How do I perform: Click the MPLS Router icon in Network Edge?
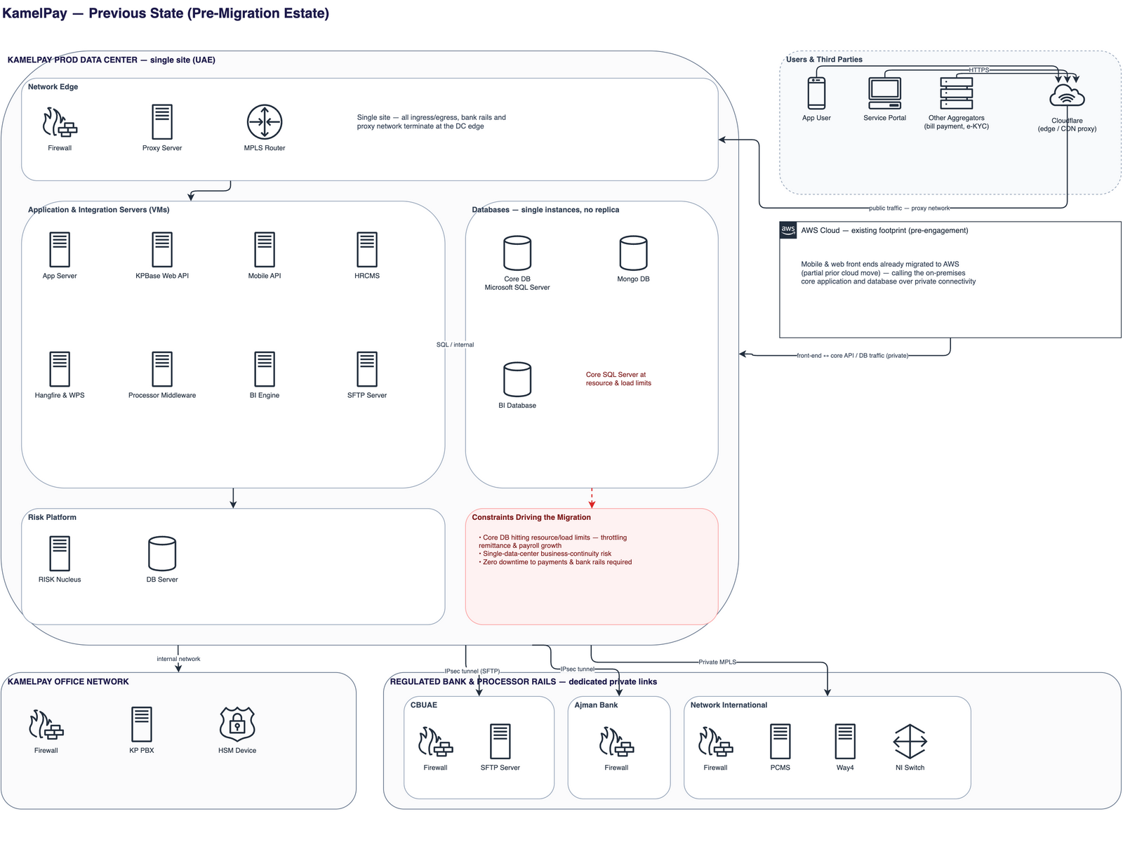click(x=264, y=122)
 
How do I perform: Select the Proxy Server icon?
click(x=161, y=122)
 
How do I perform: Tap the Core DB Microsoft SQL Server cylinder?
click(x=517, y=253)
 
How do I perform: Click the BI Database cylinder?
click(x=517, y=380)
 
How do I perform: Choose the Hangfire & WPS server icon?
click(x=60, y=369)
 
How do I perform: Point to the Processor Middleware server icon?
click(x=161, y=369)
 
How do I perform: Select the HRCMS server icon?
click(x=366, y=250)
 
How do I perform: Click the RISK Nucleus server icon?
click(x=60, y=553)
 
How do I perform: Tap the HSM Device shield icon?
click(x=237, y=723)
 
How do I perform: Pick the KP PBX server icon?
click(x=141, y=723)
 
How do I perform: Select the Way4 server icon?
click(x=844, y=741)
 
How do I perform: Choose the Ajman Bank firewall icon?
click(x=616, y=741)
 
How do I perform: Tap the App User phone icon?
click(x=816, y=93)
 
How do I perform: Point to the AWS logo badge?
click(x=788, y=230)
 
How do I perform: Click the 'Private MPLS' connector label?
click(x=717, y=662)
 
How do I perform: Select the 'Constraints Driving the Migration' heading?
click(x=531, y=517)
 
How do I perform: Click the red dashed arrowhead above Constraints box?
click(x=591, y=504)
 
